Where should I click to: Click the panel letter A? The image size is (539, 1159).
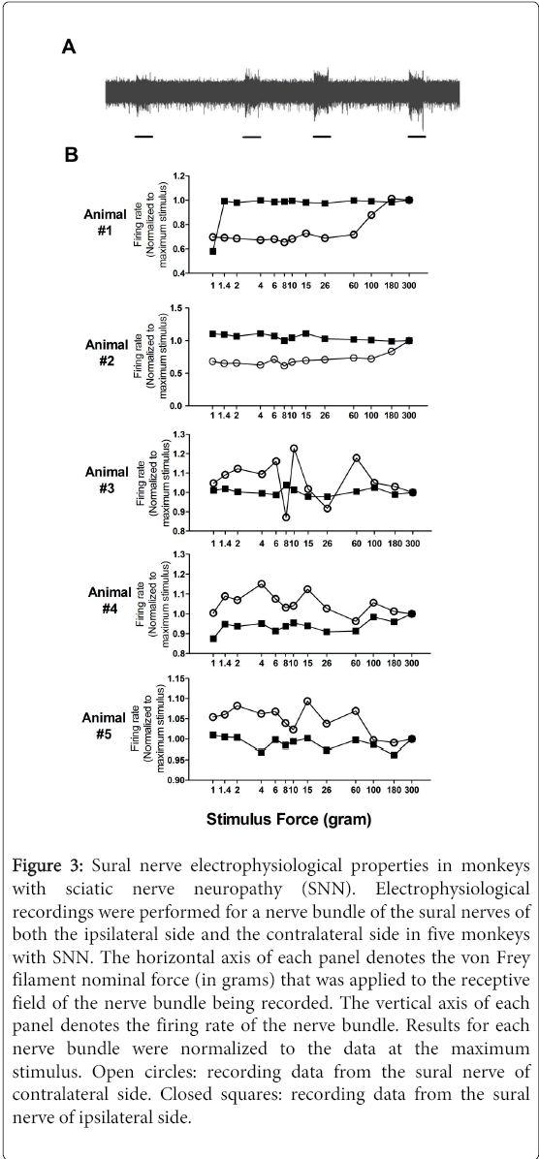[x=69, y=47]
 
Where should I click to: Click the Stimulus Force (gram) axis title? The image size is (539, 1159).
[x=288, y=819]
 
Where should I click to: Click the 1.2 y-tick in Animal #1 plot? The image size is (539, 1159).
[x=177, y=176]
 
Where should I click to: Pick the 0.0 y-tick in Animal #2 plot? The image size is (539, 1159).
[x=177, y=406]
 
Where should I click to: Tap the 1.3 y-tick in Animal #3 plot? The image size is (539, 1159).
[x=177, y=434]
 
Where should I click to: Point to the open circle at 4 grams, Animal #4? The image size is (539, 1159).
[x=261, y=584]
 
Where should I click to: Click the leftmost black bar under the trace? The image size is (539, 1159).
[x=144, y=137]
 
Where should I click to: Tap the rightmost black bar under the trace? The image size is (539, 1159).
[x=417, y=137]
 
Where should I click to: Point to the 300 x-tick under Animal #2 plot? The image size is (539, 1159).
[x=409, y=418]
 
